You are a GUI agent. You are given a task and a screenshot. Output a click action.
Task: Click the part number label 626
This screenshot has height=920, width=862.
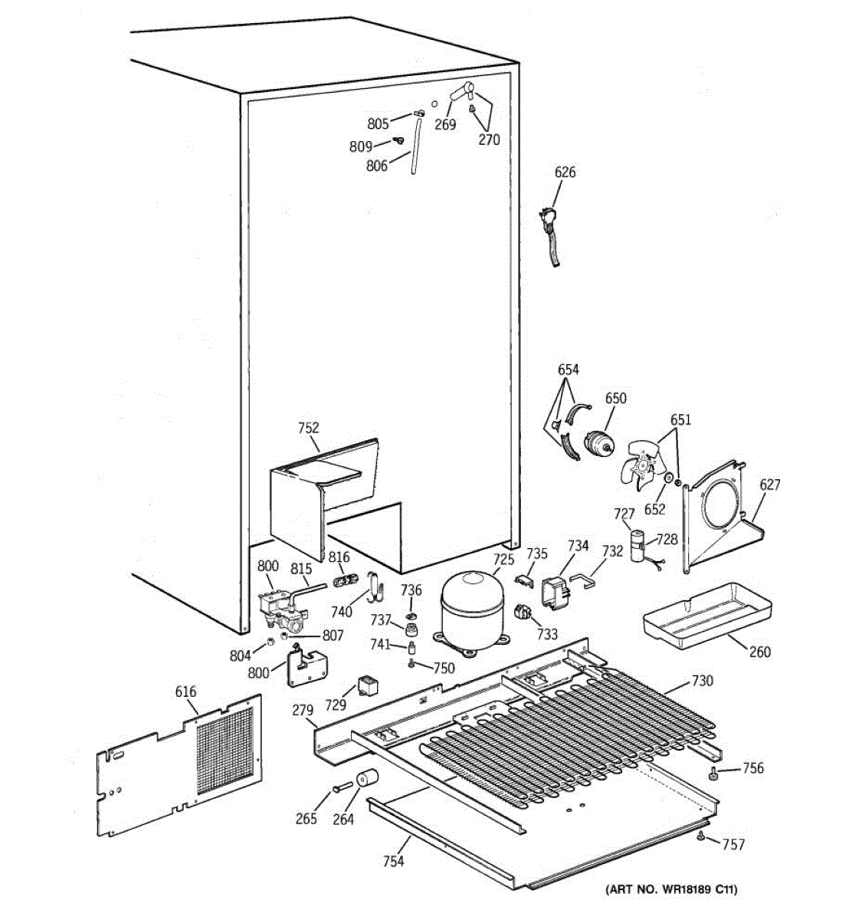click(565, 172)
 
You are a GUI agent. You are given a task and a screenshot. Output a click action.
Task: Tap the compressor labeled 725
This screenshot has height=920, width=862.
click(469, 606)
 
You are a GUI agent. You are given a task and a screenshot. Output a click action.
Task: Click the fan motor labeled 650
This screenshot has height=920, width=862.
click(598, 443)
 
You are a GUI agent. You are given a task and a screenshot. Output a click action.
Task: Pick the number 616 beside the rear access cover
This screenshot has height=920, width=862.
click(185, 692)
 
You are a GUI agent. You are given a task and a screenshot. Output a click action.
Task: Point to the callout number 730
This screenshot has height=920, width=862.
click(702, 681)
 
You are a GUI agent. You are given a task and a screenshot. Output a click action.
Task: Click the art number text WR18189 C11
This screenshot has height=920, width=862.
click(671, 890)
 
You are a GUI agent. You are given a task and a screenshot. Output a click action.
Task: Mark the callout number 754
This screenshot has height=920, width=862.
click(393, 861)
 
